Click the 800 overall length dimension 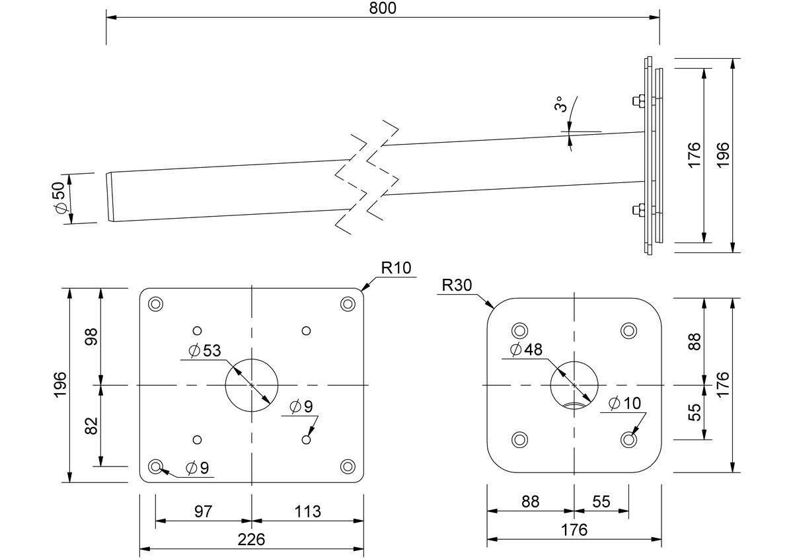[383, 8]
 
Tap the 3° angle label [560, 104]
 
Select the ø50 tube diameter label [59, 198]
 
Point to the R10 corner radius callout [396, 268]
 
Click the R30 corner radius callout [457, 285]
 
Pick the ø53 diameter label [205, 350]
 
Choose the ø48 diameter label [526, 350]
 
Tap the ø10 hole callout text [625, 403]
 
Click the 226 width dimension [251, 540]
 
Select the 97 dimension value [204, 511]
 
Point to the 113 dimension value [308, 511]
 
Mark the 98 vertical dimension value [91, 337]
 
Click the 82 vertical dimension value [91, 426]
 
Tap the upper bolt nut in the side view [638, 101]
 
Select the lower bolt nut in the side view [638, 210]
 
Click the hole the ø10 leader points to [628, 439]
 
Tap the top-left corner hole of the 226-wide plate [155, 304]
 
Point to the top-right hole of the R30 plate [628, 331]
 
